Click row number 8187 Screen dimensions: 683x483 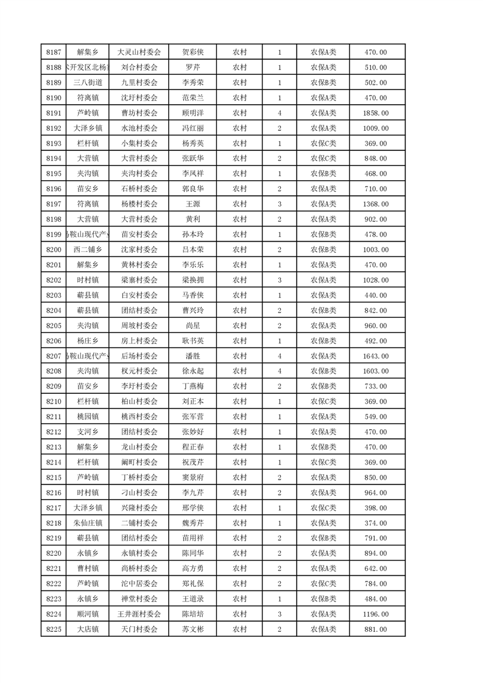pyautogui.click(x=54, y=52)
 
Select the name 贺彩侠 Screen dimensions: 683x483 pyautogui.click(x=192, y=52)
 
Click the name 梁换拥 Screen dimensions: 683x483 pyautogui.click(x=192, y=280)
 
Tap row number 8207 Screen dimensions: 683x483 pyautogui.click(x=54, y=356)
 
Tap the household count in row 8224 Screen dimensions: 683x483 pyautogui.click(x=279, y=614)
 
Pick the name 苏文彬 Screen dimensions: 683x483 pyautogui.click(x=192, y=629)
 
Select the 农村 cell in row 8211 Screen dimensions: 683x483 pyautogui.click(x=239, y=416)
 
